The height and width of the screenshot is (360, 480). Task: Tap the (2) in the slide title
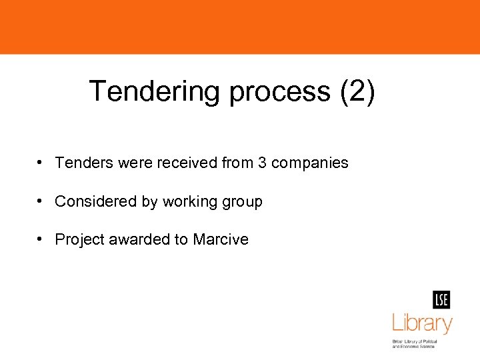point(357,91)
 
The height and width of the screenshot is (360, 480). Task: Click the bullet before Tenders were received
point(41,163)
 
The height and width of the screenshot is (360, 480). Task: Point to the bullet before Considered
point(41,201)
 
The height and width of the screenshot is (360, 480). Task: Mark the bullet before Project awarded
point(41,239)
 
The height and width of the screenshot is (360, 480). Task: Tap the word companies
point(310,163)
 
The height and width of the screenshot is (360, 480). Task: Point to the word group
point(243,201)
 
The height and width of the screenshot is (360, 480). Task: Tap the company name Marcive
point(221,239)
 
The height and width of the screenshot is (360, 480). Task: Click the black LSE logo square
point(441,300)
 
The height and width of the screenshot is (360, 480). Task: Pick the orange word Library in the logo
point(421,324)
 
